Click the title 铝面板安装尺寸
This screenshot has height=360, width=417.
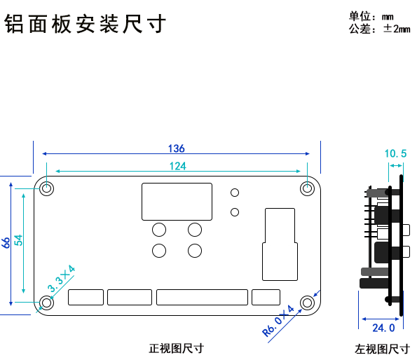85,25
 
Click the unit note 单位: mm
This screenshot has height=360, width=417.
371,16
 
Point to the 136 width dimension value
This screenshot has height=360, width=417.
176,148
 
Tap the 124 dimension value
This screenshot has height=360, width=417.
177,166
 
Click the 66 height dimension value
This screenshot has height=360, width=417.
6,243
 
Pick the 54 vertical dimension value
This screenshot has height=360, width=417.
20,239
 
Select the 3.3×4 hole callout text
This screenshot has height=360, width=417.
61,279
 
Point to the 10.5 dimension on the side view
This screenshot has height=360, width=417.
395,153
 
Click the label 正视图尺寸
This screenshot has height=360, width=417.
176,348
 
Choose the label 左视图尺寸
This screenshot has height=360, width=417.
382,349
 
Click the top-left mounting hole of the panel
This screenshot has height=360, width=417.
47,188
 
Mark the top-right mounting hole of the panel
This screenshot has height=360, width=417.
307,188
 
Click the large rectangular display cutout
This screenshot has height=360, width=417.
177,201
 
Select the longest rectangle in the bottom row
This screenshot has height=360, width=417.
202,297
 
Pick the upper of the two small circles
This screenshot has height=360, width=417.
235,193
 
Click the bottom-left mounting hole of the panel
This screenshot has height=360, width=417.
47,303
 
